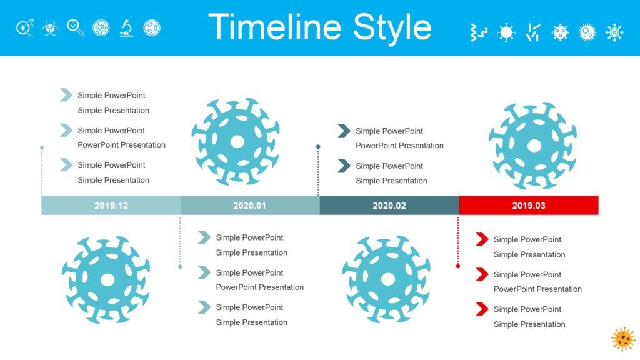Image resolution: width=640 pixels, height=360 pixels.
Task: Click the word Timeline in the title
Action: pyautogui.click(x=275, y=27)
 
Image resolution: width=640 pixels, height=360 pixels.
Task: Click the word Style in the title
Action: pyautogui.click(x=392, y=29)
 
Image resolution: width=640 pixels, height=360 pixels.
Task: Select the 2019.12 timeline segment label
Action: pyautogui.click(x=111, y=206)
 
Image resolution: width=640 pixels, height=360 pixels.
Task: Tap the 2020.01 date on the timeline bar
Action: pyautogui.click(x=250, y=206)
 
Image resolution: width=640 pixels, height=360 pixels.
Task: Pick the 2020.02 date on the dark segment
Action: pyautogui.click(x=389, y=206)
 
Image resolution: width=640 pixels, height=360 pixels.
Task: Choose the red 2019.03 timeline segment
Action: pyautogui.click(x=529, y=206)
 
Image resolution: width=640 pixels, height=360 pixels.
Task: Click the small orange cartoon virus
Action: pyautogui.click(x=623, y=339)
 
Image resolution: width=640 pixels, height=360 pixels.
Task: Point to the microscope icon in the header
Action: pyautogui.click(x=126, y=28)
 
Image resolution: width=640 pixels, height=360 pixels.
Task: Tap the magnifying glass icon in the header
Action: pyautogui.click(x=76, y=27)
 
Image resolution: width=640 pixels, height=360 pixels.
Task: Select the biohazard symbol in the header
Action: pyautogui.click(x=50, y=28)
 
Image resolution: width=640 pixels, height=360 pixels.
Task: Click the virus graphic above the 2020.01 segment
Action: pyautogui.click(x=236, y=141)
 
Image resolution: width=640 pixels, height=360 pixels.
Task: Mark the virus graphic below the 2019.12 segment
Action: pyautogui.click(x=106, y=279)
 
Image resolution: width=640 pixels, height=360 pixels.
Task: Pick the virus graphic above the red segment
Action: pyautogui.click(x=533, y=145)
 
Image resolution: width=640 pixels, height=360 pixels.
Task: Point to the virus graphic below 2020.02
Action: pyautogui.click(x=386, y=279)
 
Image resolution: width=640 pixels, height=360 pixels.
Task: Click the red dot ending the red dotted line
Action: pyautogui.click(x=458, y=266)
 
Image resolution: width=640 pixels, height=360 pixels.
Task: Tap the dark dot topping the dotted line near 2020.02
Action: pyautogui.click(x=318, y=146)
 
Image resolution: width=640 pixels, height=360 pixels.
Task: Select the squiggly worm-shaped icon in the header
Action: pyautogui.click(x=478, y=32)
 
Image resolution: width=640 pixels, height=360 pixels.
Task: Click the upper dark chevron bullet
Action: pyautogui.click(x=344, y=131)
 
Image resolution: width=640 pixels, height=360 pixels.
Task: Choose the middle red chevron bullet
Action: pyautogui.click(x=482, y=274)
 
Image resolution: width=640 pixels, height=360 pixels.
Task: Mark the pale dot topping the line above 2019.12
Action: pyautogui.click(x=42, y=147)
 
